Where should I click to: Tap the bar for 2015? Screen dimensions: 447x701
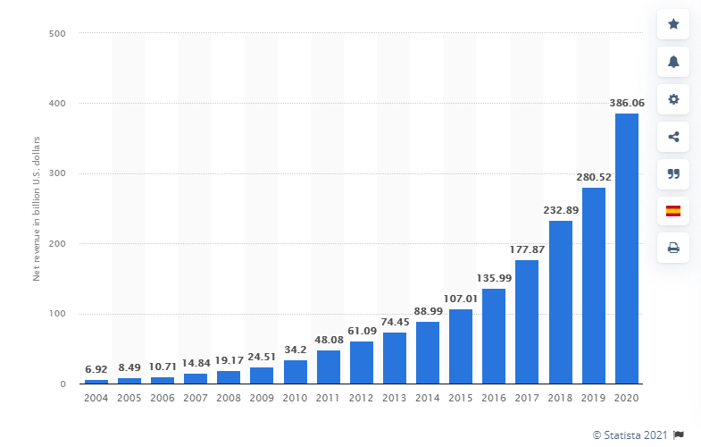[x=461, y=347]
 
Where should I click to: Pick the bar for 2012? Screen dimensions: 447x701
[x=362, y=363]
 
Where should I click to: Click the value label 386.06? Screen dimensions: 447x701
[x=627, y=104]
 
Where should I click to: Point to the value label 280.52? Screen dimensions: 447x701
[x=594, y=178]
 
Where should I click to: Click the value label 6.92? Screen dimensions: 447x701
[x=96, y=369]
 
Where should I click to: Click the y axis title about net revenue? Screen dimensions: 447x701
[x=38, y=209]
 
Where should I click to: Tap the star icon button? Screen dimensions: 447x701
[x=673, y=24]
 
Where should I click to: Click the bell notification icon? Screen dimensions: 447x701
[x=673, y=62]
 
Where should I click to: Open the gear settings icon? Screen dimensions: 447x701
[x=673, y=99]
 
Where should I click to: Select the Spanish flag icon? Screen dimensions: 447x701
[x=673, y=211]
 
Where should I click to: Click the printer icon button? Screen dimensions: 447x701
[x=673, y=248]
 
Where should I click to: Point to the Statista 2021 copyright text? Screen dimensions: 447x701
[x=624, y=434]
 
